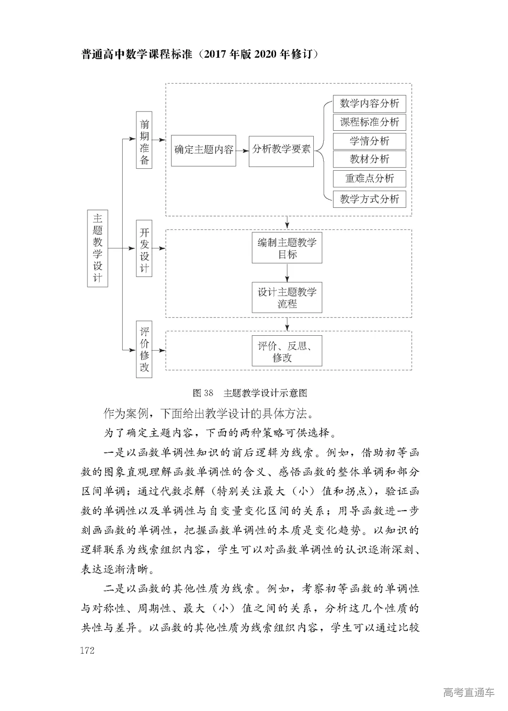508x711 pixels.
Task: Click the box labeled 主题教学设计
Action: [97, 248]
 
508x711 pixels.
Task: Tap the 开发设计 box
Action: [144, 248]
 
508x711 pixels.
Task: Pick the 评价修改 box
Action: [144, 349]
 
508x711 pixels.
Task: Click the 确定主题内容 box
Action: [203, 150]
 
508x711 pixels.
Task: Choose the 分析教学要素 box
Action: [281, 150]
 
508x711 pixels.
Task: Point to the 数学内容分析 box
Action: [369, 104]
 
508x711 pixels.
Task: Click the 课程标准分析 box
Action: [369, 122]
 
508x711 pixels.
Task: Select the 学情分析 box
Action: [369, 141]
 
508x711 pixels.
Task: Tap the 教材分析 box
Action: [369, 159]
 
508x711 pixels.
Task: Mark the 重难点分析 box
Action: [369, 179]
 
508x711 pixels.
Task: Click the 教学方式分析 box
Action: [369, 199]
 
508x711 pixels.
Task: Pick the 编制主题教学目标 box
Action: [287, 248]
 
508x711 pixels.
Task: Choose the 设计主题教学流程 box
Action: [287, 298]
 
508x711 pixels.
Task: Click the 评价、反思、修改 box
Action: [287, 351]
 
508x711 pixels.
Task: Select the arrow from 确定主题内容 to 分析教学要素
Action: [242, 150]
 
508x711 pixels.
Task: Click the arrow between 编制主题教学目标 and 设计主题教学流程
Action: [287, 273]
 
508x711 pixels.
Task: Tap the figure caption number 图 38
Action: [203, 393]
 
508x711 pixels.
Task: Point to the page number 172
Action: [87, 650]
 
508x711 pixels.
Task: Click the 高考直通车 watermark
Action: [468, 692]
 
